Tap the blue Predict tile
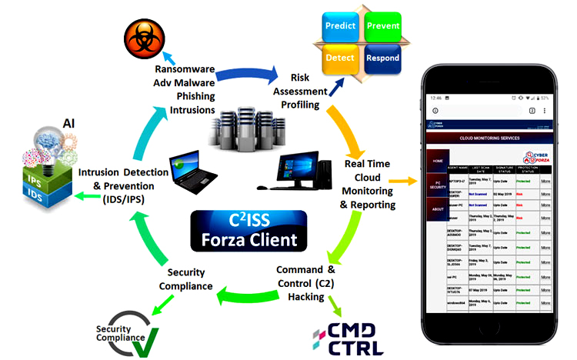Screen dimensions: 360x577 point(340,25)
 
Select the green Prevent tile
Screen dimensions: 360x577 point(382,25)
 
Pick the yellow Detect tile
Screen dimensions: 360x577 point(340,58)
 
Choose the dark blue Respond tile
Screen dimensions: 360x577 point(382,58)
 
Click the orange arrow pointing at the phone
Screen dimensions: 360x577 point(407,182)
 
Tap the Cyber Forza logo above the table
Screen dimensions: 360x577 point(530,154)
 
